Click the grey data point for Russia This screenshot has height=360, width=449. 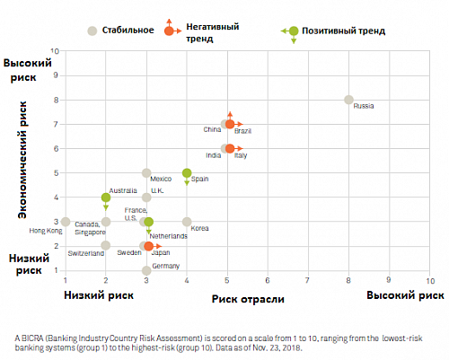coord(348,100)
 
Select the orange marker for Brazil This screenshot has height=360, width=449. coord(230,124)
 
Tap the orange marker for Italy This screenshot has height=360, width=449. coord(230,148)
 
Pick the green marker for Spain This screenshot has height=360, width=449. coord(187,172)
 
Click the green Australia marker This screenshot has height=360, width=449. coord(106,198)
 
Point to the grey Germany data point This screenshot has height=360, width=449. coord(146,270)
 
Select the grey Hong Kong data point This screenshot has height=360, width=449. coord(66,222)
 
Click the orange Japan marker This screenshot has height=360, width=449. coord(148,246)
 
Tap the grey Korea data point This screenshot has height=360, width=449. coord(187,222)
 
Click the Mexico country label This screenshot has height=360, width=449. coord(161,179)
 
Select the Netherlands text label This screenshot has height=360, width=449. coord(169,236)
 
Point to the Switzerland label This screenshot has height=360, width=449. coord(86,253)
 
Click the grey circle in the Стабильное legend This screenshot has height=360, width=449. coord(92,31)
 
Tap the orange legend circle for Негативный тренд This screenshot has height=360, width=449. coord(169,31)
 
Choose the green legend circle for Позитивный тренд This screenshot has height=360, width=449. coord(294,31)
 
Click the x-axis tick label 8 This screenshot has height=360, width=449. coord(348,280)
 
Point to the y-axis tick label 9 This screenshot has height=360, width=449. coord(56,75)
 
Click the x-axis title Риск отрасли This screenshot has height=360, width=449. coord(248,299)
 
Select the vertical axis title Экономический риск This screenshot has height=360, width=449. coord(22,160)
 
